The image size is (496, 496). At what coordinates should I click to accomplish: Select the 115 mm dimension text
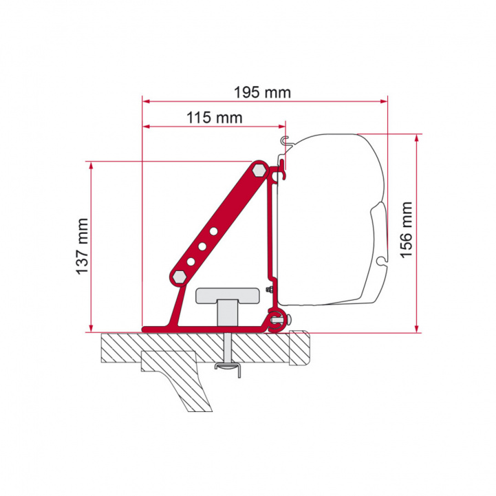213,118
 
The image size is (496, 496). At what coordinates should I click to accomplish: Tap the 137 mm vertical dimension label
83,247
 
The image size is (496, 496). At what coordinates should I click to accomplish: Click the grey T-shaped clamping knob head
228,294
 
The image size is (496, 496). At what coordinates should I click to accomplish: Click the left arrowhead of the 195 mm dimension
145,101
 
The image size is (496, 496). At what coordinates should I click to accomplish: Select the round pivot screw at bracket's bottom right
277,318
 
